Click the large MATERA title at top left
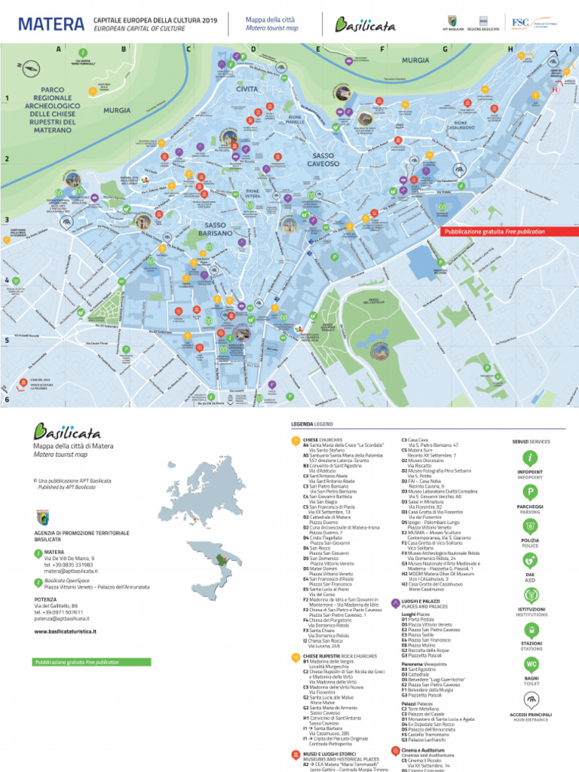[51, 25]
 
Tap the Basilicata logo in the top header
[366, 25]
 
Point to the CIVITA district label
[247, 89]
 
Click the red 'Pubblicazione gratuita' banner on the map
[494, 232]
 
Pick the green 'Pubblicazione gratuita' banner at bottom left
[76, 662]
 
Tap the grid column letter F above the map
[382, 49]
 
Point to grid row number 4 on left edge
[7, 280]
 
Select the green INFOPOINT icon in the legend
[530, 458]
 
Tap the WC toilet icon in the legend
[531, 664]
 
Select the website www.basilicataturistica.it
[73, 631]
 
